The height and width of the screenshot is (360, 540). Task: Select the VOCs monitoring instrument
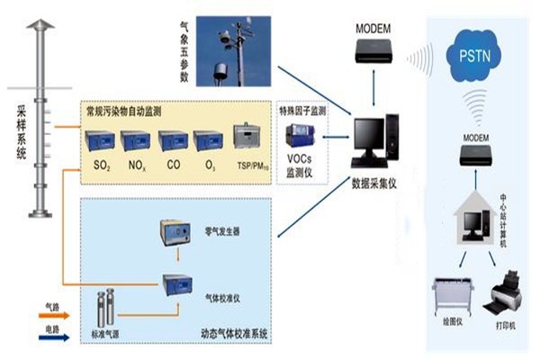click(299, 137)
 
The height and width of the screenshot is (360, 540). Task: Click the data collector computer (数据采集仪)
click(371, 143)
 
